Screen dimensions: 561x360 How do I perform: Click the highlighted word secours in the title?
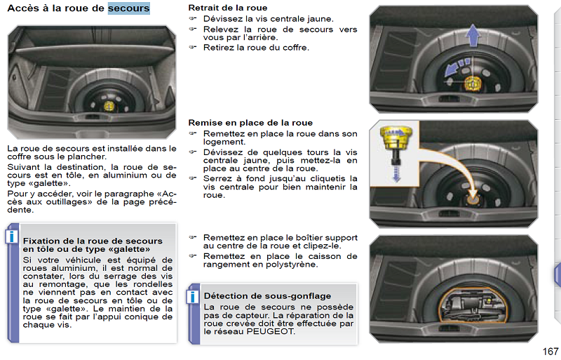[129, 8]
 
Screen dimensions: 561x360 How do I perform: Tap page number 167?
[550, 352]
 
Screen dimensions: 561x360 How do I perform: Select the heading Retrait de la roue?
[227, 8]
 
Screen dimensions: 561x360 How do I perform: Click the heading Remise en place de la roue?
[250, 123]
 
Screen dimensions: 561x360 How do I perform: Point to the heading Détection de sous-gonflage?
[267, 296]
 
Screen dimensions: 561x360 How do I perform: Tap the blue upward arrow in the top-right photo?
[473, 35]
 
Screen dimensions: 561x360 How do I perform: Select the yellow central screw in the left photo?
[109, 106]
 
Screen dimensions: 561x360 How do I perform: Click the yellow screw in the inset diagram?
[396, 138]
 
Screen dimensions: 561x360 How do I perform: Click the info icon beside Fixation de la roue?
[11, 236]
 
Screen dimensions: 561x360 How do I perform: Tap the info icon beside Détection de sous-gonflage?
[192, 297]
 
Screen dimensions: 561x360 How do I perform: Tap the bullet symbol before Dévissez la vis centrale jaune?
[192, 18]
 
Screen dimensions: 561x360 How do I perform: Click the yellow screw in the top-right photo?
[472, 84]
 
